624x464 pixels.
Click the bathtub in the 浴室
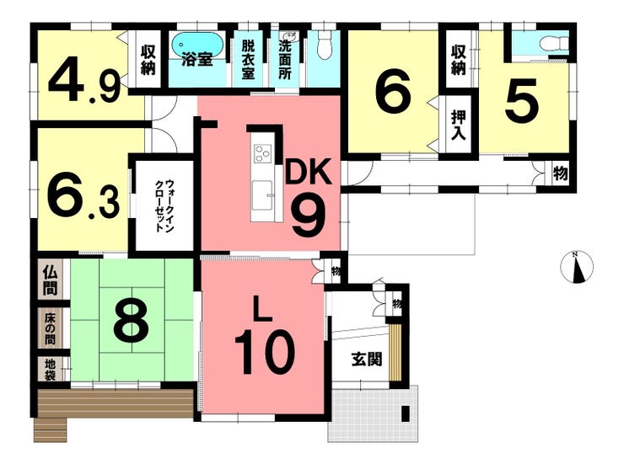(192, 44)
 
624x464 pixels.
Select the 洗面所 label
(284, 59)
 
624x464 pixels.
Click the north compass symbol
(577, 267)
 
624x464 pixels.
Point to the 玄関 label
(367, 359)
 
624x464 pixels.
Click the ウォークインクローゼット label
(164, 205)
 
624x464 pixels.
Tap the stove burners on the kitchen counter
(262, 153)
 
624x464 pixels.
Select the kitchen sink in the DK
(261, 192)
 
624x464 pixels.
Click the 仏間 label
(51, 280)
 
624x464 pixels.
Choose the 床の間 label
(50, 329)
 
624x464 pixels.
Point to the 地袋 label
(50, 370)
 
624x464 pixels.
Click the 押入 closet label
(458, 125)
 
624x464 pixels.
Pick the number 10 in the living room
(265, 352)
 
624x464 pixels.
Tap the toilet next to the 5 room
(557, 42)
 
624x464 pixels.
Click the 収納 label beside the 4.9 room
(148, 61)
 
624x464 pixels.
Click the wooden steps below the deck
(51, 430)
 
